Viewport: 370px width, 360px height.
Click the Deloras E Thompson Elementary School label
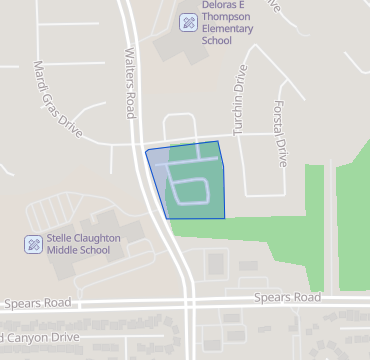(x=228, y=23)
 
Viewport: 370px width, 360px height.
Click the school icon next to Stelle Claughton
(x=33, y=244)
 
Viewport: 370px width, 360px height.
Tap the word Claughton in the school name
(x=98, y=238)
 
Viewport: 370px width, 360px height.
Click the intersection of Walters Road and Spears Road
(x=190, y=300)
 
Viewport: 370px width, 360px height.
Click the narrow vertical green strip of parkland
(x=314, y=225)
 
